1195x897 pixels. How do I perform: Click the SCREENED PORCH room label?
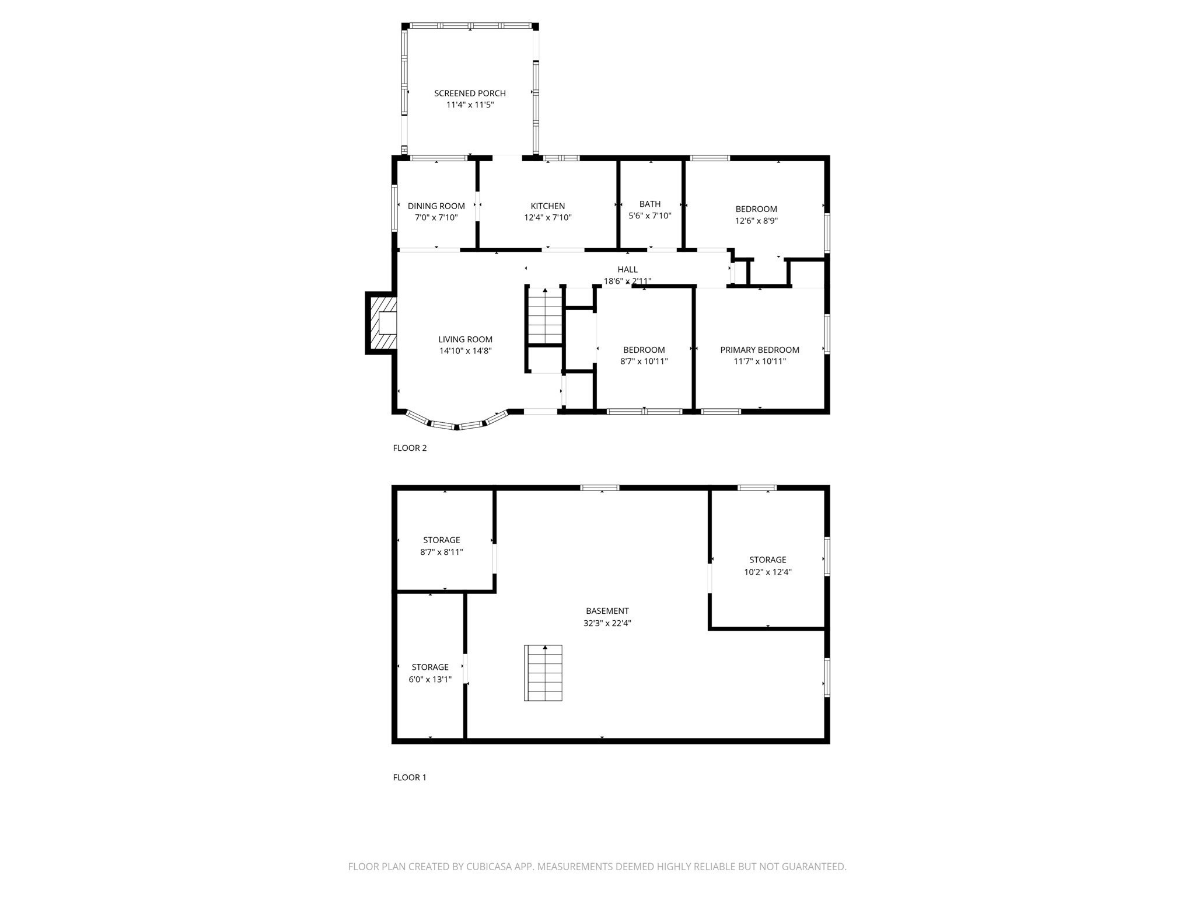click(470, 93)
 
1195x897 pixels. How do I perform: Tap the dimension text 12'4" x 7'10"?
click(547, 218)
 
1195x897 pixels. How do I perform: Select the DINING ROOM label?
click(436, 206)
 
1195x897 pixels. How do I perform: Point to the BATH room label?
click(649, 204)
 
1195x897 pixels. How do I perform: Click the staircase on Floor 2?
click(545, 318)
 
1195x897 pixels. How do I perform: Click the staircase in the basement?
click(543, 673)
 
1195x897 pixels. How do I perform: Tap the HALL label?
click(627, 269)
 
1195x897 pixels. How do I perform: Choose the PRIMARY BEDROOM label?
click(759, 350)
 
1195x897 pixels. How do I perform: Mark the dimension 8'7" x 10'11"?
click(644, 361)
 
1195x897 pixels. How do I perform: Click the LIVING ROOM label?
click(465, 339)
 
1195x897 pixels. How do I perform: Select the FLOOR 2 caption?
click(410, 448)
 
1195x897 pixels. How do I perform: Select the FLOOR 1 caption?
click(410, 777)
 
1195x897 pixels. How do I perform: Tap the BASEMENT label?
click(607, 611)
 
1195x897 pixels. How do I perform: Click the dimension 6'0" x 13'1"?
click(430, 679)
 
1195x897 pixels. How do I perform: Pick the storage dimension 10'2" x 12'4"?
click(767, 572)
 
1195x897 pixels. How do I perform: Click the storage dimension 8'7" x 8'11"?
click(441, 552)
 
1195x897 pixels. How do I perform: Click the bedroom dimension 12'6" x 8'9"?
click(756, 221)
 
